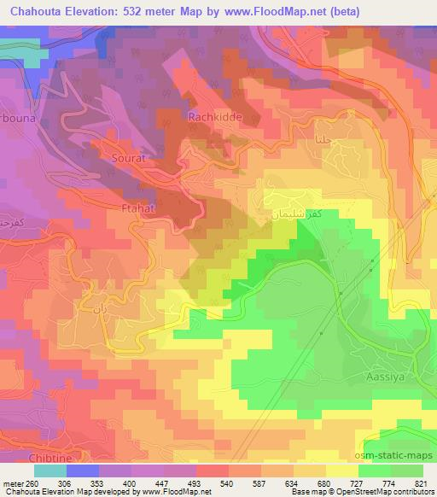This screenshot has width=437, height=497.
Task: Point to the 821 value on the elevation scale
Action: [422, 482]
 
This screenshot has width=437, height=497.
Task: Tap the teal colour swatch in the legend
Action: [50, 470]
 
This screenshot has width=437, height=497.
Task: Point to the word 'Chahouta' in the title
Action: [32, 11]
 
